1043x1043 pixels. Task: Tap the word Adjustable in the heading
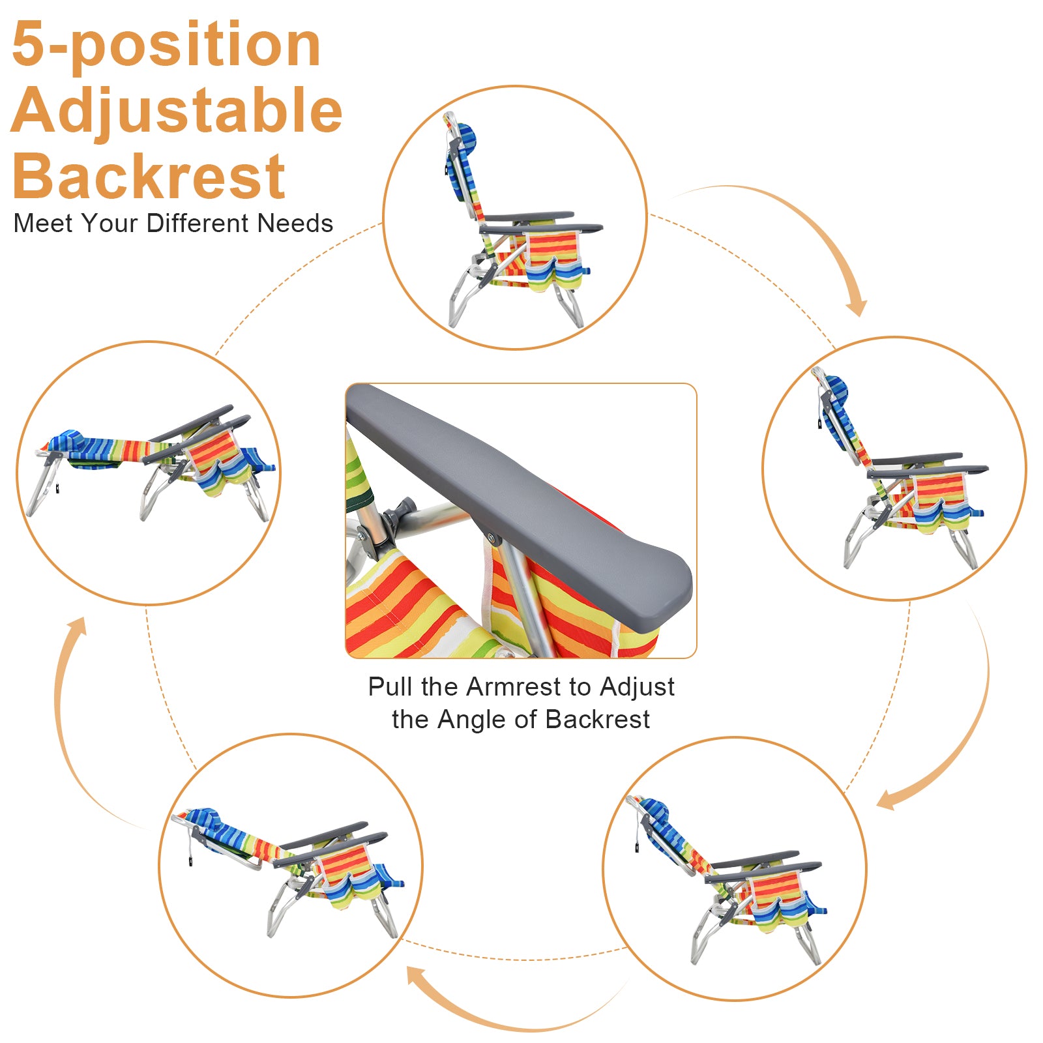pyautogui.click(x=176, y=111)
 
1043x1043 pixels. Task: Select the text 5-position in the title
pyautogui.click(x=166, y=44)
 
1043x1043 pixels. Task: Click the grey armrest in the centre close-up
pyautogui.click(x=521, y=495)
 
